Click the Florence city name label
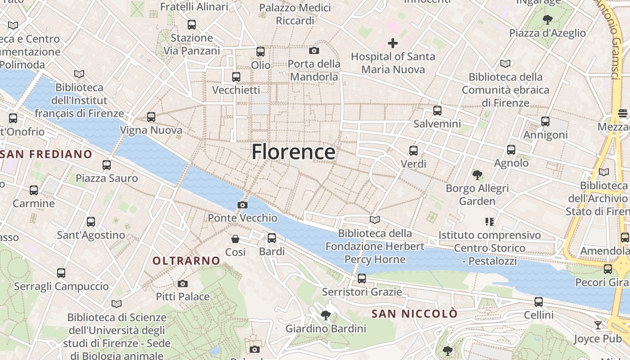point(293,152)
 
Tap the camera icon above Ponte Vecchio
point(242,205)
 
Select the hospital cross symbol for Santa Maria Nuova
point(393,43)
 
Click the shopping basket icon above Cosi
point(235,238)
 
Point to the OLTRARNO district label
point(186,261)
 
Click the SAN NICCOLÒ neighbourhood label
point(414,314)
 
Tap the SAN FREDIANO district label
point(46,154)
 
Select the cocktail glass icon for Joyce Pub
point(598,325)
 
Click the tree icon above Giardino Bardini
point(325,315)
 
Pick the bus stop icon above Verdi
point(413,150)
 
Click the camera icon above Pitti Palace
point(182,283)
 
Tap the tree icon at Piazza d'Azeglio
point(547,19)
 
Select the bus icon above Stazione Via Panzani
point(192,24)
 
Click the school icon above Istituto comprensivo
point(490,221)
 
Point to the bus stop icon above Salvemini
point(437,110)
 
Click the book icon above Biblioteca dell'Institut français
point(79,74)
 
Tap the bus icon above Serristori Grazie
point(361,279)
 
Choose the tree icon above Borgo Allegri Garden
point(477,175)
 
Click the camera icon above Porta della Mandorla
point(314,50)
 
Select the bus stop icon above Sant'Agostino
point(91,221)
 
